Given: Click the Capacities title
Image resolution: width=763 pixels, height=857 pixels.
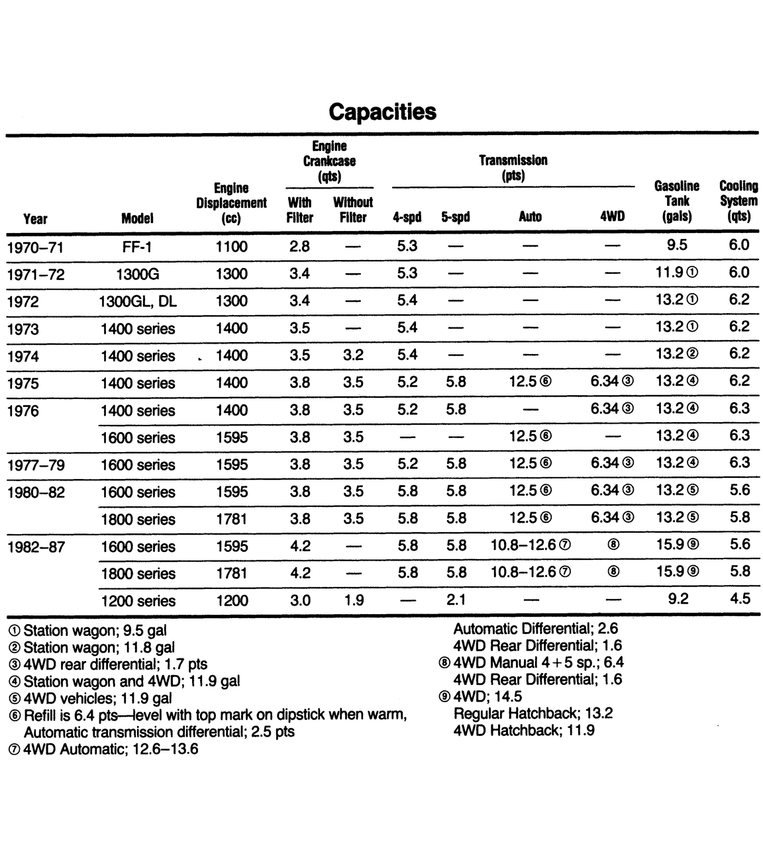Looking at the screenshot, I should pos(382,111).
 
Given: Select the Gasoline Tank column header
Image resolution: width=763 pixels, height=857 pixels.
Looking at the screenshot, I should pos(676,201).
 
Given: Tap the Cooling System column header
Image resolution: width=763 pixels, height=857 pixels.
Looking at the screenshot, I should pos(738,201).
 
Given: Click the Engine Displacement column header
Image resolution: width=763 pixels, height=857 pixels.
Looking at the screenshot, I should pos(231,203).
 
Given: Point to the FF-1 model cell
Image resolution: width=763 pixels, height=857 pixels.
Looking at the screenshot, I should pos(138,247).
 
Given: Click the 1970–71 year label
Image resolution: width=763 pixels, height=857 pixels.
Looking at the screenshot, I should pos(36,248).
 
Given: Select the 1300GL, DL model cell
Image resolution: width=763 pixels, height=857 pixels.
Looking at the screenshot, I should pos(138,302).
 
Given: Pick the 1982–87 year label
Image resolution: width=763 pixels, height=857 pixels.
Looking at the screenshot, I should pos(36,547).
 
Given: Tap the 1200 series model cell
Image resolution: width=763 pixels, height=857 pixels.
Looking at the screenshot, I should pos(138,601).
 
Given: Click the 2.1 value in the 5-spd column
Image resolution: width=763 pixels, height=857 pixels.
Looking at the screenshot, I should pos(456,600).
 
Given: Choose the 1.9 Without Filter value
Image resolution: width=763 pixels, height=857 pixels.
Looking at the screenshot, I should pos(353,600).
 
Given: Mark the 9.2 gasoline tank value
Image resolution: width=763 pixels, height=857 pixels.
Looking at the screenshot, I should pos(676,599).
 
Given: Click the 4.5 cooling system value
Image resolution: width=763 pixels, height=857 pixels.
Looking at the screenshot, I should pos(739,598).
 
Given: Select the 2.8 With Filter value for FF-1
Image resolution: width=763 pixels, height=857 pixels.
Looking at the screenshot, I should pos(299,246).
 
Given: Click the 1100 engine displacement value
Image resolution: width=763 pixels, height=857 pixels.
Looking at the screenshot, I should pos(231,247).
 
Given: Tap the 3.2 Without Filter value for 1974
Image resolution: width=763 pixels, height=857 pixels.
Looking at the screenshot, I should pos(353,355).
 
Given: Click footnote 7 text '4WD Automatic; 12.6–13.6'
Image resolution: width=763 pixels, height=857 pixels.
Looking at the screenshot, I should pos(109,749).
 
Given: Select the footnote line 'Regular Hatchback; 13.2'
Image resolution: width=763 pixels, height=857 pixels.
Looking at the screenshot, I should pos(533,713).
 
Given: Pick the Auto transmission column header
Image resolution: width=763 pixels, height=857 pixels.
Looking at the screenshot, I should pos(530,216).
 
